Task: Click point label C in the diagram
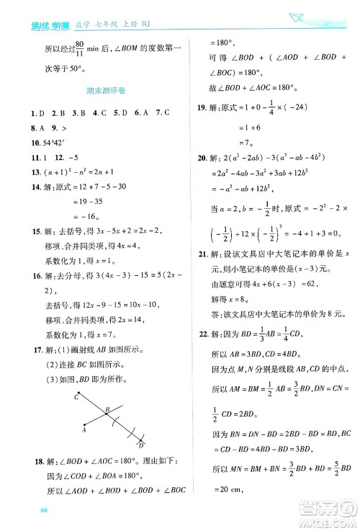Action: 76,397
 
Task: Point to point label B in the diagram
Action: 106,409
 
